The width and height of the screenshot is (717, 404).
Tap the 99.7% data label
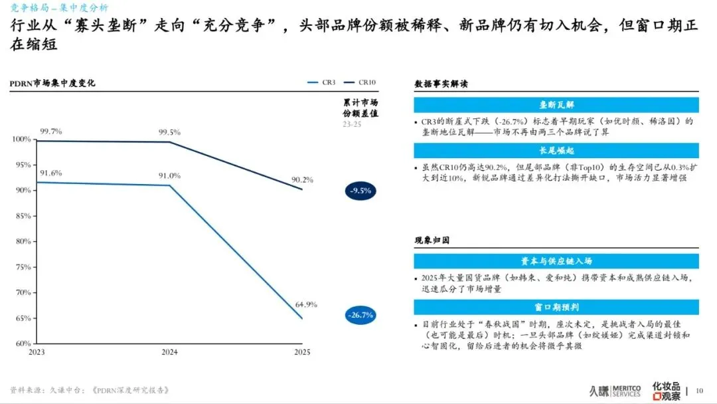click(x=50, y=132)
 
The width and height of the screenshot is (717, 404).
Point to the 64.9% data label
click(x=306, y=304)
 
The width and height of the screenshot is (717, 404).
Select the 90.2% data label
click(x=302, y=179)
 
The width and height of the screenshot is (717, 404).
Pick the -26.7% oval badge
click(x=360, y=314)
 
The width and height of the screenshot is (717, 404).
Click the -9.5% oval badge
click(x=360, y=191)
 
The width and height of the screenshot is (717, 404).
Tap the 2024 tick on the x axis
click(x=170, y=352)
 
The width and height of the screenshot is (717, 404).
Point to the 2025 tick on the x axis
click(x=301, y=352)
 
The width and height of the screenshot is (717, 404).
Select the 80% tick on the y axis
click(x=23, y=242)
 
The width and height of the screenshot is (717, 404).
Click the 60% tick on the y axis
click(x=23, y=344)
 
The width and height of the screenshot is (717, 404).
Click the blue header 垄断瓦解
click(x=556, y=105)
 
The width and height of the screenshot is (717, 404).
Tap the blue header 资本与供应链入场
click(x=556, y=261)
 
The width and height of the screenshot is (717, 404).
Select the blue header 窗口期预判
click(x=556, y=307)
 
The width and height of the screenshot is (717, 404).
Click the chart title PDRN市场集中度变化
click(x=52, y=83)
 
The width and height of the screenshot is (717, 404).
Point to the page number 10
click(x=699, y=390)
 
